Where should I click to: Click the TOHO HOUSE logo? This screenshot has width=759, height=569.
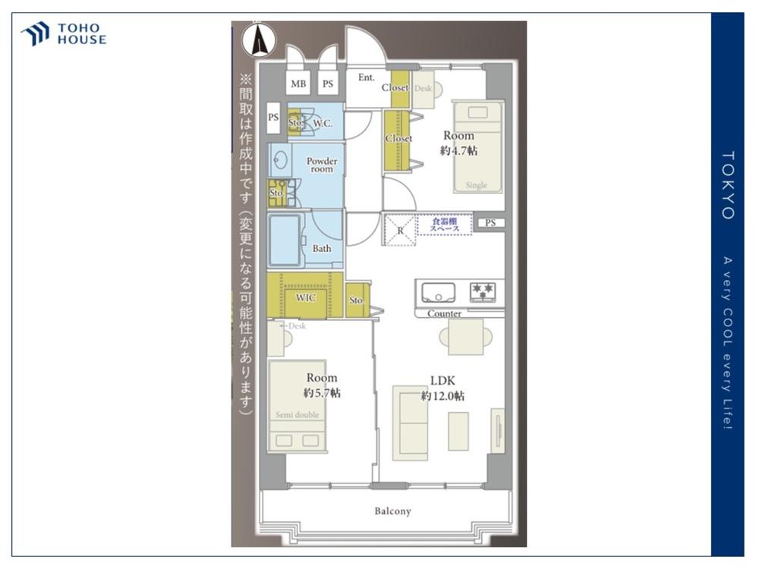[64, 34]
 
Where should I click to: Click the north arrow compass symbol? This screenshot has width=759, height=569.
[259, 40]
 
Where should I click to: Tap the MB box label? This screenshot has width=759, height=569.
[298, 85]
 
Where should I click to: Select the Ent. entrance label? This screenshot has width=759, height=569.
[366, 77]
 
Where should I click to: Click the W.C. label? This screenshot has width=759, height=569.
[323, 122]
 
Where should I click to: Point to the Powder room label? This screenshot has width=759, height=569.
[321, 165]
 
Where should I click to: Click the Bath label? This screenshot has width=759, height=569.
[322, 248]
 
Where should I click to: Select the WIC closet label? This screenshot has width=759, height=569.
[305, 297]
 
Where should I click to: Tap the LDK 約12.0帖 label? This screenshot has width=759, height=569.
[443, 388]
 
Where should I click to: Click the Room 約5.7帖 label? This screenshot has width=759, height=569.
[322, 385]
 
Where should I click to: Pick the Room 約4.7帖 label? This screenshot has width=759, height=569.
[458, 143]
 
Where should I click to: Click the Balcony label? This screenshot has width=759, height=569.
[392, 511]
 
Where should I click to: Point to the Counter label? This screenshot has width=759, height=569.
[444, 313]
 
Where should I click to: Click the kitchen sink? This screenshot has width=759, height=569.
[439, 291]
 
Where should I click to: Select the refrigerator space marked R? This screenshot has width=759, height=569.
[400, 229]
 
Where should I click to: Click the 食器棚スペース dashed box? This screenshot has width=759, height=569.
[445, 225]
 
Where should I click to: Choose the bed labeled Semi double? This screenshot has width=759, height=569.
[298, 406]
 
